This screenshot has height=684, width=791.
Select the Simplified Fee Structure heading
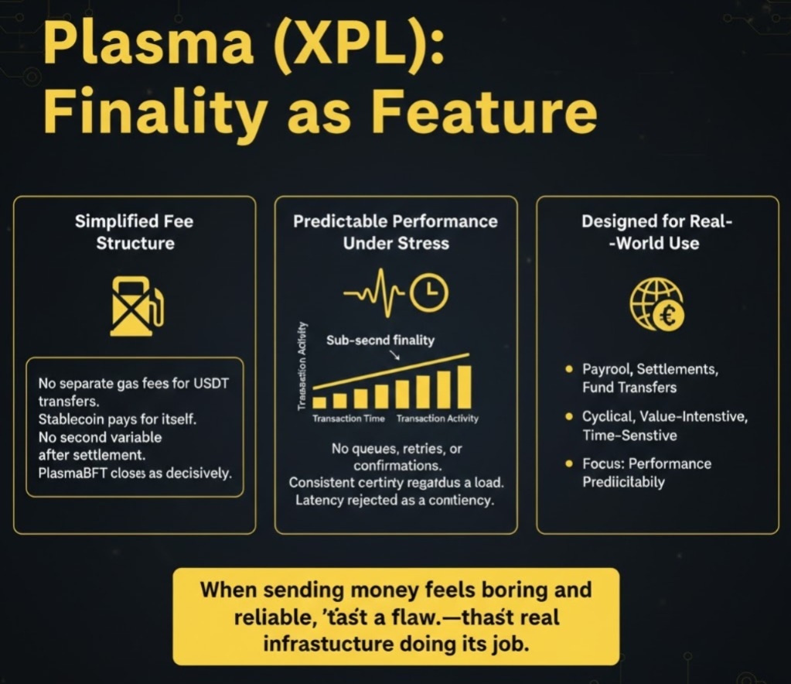point(135,232)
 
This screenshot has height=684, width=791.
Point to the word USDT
point(220,384)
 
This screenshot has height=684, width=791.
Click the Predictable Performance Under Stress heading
point(395,232)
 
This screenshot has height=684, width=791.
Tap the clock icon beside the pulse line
point(431,292)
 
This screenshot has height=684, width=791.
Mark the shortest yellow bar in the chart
point(319,402)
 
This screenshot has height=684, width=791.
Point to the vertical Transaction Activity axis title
point(302,363)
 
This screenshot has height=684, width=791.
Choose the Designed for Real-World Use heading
point(657,232)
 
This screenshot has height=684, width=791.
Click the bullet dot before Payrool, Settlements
point(569,369)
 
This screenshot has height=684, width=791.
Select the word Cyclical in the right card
point(608,417)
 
